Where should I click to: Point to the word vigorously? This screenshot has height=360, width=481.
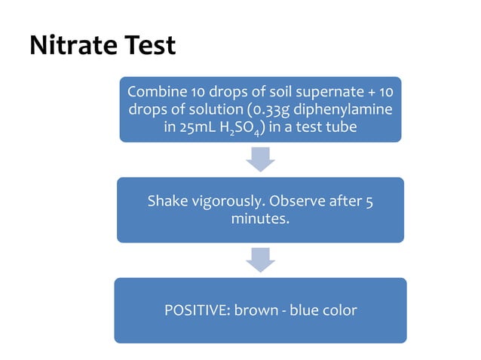[x=227, y=202]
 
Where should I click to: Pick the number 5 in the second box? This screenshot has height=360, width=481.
[x=368, y=202]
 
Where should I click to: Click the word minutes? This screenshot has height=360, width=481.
[x=259, y=219]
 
